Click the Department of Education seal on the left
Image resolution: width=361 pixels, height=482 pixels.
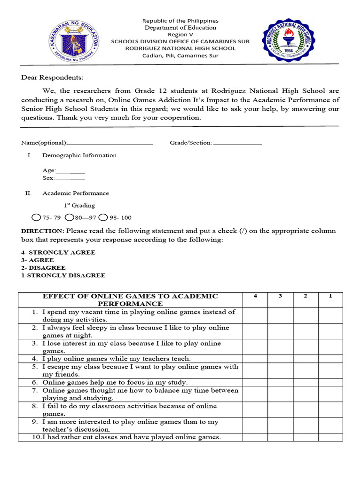pos(74,40)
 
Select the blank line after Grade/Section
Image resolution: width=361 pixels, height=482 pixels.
pos(237,143)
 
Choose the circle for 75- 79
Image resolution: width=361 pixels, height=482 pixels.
pos(36,217)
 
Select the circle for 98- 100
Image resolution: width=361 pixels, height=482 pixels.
pos(103,217)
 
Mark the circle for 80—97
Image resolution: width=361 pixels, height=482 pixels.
pos(70,217)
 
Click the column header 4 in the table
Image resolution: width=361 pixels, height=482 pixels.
pos(255,296)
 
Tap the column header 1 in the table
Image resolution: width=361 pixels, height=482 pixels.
pos(330,296)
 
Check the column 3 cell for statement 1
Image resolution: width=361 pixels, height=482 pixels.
pos(280,316)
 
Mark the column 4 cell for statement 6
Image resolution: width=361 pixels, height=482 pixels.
pos(255,382)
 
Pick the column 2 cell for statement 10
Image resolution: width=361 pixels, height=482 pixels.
pos(306,437)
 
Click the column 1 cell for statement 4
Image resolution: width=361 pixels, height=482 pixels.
pos(330,359)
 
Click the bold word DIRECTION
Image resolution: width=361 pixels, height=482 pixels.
pos(42,231)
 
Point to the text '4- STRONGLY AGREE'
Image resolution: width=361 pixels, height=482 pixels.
pos(58,252)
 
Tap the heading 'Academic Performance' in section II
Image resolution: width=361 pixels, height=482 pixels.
pos(76,193)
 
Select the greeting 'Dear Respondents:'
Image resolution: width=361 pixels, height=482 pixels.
pos(52,78)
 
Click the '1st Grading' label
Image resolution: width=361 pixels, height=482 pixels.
pos(79,206)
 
